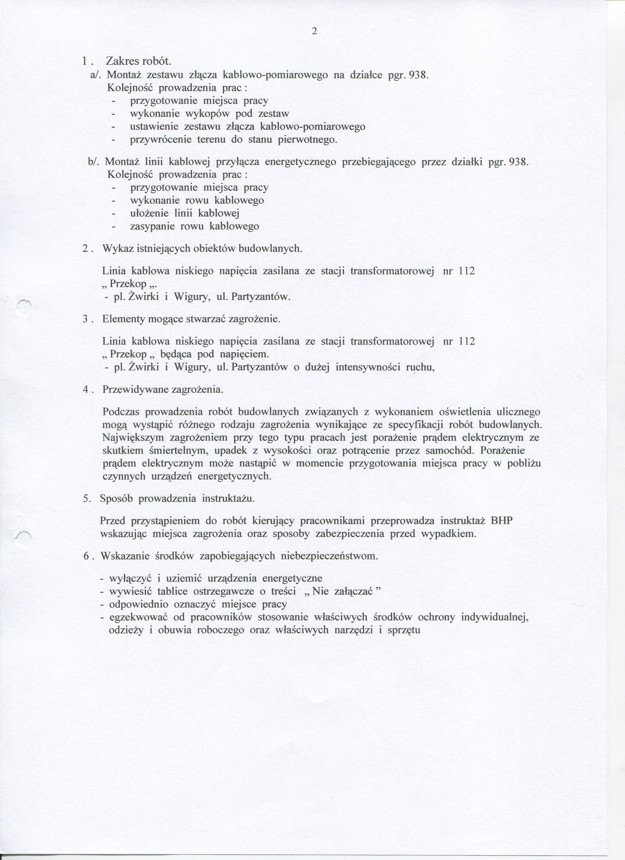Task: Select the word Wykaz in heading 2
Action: click(114, 249)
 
